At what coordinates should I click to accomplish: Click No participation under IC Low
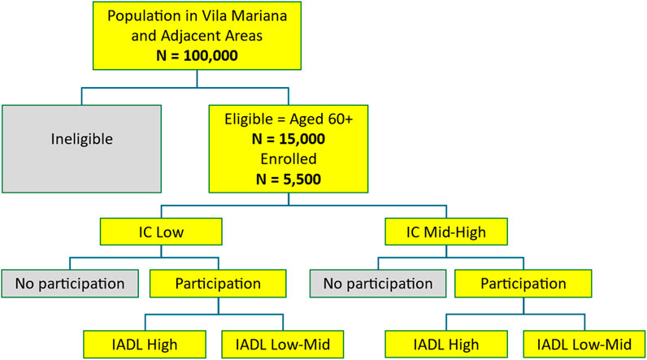68,284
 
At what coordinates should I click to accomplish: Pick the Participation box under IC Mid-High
523,284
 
